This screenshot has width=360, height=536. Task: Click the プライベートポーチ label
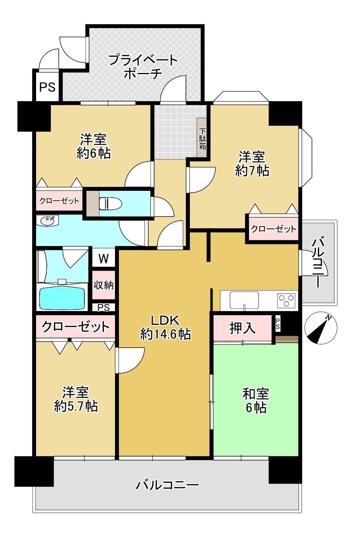click(143, 67)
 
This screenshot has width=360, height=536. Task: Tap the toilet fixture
click(110, 204)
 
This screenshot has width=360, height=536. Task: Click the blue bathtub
click(62, 298)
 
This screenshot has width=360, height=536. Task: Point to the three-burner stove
click(286, 301)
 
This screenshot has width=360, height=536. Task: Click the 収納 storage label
click(103, 285)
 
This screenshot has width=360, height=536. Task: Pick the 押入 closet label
click(242, 328)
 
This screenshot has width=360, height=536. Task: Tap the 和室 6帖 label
click(256, 401)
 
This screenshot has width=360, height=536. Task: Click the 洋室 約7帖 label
click(253, 164)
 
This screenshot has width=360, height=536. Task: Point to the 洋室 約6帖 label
click(94, 146)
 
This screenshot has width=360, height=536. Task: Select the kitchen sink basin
click(244, 301)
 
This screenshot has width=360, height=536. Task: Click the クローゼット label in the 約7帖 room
click(274, 229)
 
